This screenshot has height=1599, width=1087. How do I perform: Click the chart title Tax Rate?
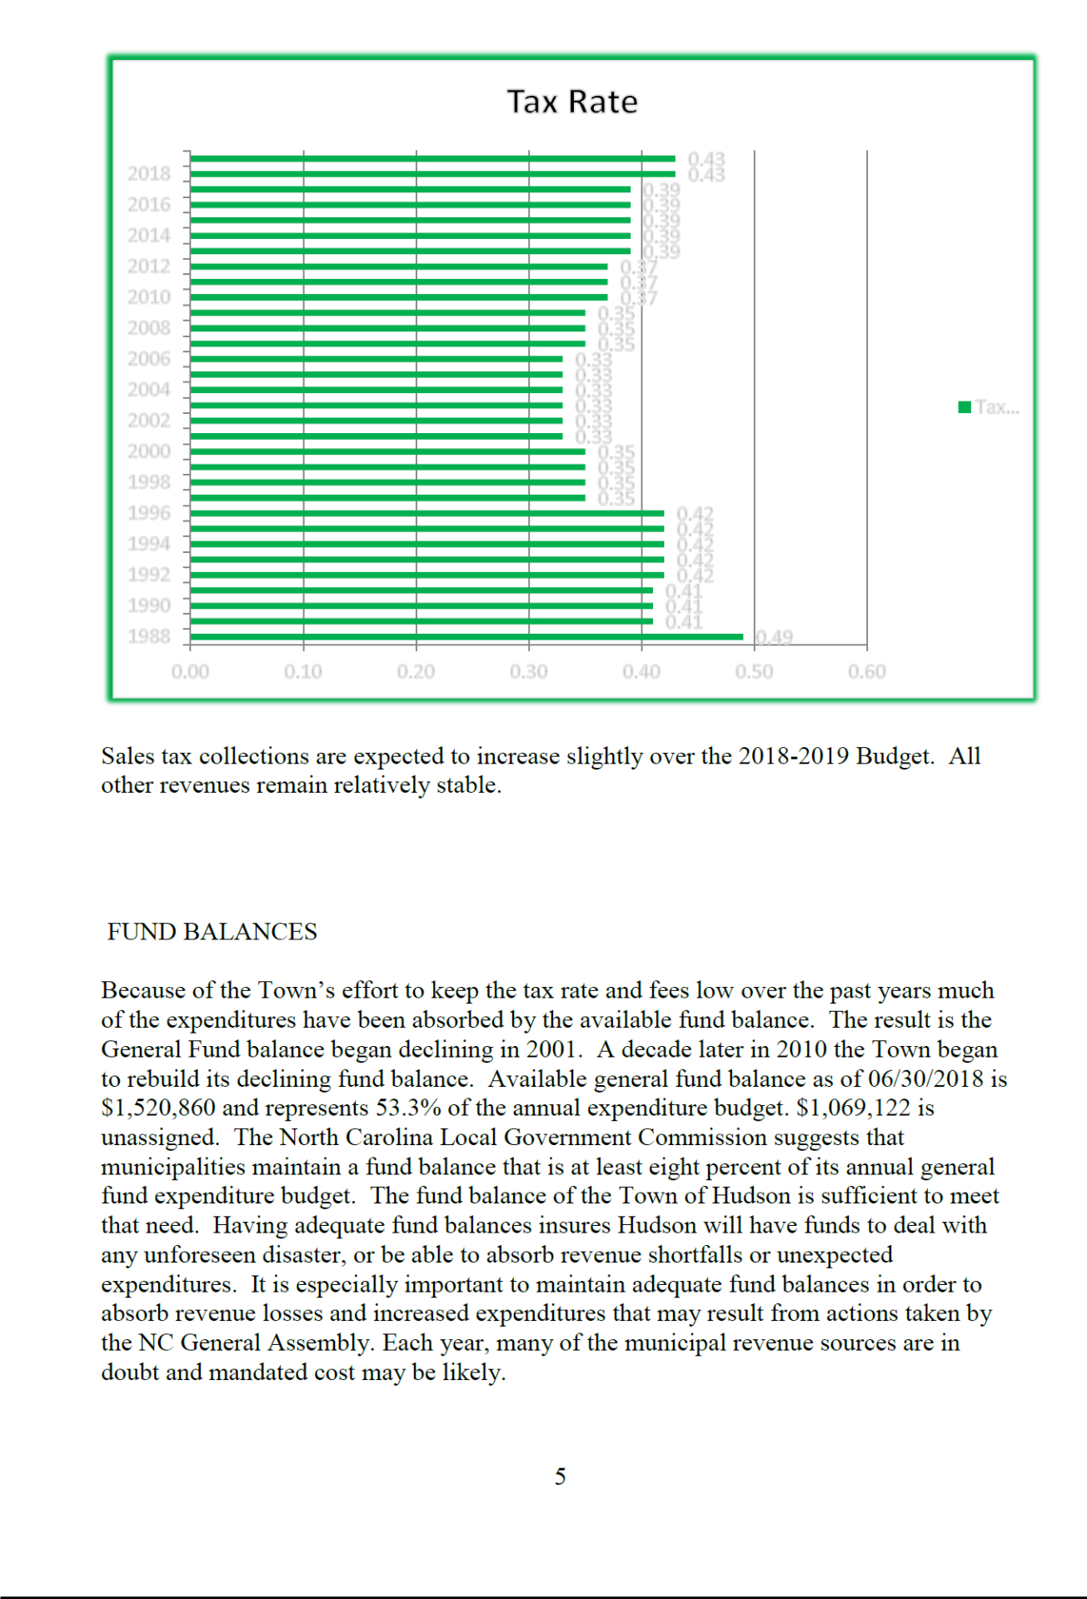(572, 102)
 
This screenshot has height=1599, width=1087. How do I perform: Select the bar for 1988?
(466, 637)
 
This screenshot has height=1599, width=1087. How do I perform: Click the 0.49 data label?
(774, 637)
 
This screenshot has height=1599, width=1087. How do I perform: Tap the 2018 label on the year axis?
(148, 173)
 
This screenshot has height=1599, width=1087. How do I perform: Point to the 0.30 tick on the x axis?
(529, 671)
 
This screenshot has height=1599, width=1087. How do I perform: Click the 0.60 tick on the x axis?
(866, 671)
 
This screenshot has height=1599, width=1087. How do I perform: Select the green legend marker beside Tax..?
(965, 407)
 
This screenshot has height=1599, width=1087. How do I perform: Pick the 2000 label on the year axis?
(148, 451)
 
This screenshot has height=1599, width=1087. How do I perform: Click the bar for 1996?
(427, 513)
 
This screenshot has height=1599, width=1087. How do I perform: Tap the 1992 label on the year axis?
(148, 575)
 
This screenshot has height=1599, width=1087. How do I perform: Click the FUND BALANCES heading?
(212, 931)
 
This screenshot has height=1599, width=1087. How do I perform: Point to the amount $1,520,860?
(158, 1108)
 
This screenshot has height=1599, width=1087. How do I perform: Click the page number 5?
(561, 1477)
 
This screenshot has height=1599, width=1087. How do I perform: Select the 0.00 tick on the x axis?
(190, 671)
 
